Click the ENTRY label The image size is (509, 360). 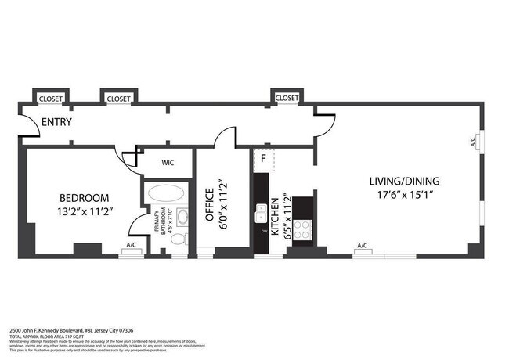(57, 122)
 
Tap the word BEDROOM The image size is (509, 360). (85, 198)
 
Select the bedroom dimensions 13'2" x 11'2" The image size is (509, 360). (85, 212)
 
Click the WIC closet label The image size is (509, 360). (167, 164)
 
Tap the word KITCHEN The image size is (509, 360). (275, 218)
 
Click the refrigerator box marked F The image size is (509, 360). (264, 159)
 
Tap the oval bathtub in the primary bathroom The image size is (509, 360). (166, 193)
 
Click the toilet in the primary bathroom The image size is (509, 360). (178, 239)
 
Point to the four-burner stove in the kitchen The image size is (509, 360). (302, 229)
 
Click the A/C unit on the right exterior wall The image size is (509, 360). (473, 142)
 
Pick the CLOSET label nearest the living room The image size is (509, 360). (287, 98)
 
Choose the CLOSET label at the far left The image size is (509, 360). (50, 99)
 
